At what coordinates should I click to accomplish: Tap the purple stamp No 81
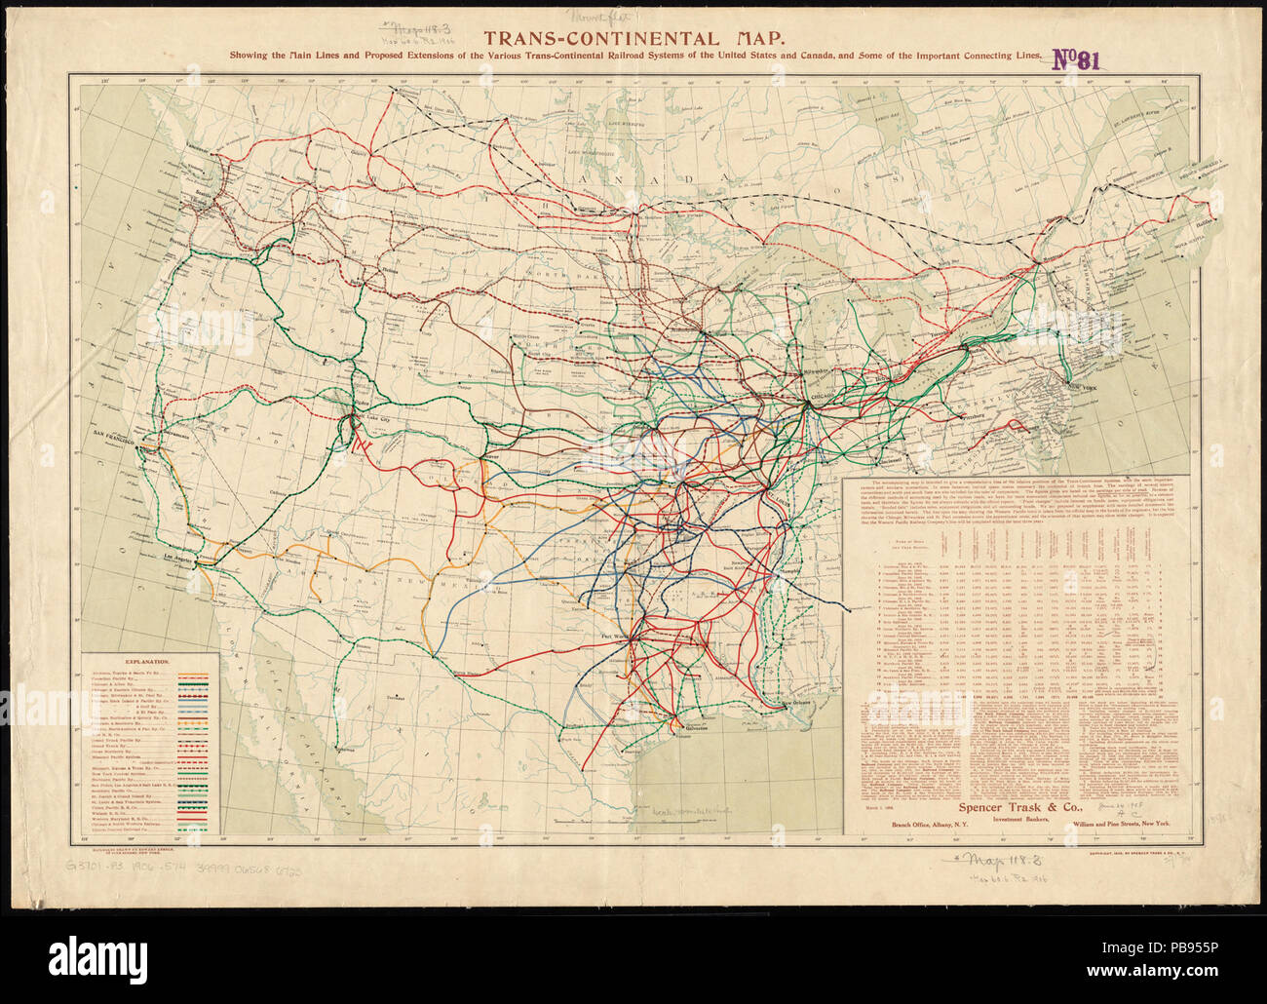(x=1078, y=60)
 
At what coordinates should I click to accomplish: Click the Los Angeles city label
(x=186, y=558)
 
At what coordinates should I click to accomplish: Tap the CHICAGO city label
(x=816, y=409)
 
